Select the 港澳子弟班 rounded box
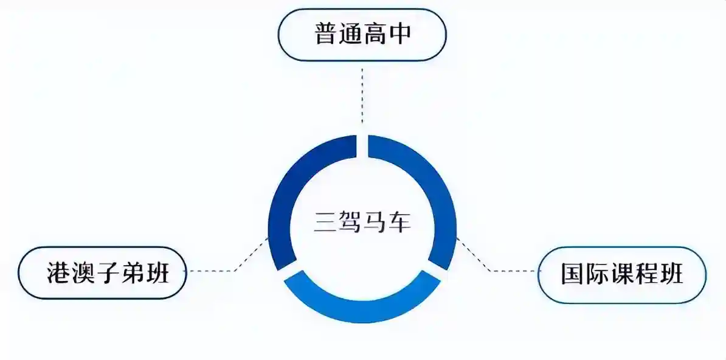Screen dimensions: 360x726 pyautogui.click(x=102, y=274)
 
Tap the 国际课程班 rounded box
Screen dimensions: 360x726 pyautogui.click(x=622, y=275)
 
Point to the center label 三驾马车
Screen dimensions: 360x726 pyautogui.click(x=362, y=223)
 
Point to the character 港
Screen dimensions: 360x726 pyautogui.click(x=58, y=274)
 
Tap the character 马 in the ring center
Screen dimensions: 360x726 pyautogui.click(x=375, y=223)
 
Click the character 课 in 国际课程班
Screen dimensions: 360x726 pyautogui.click(x=621, y=275)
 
